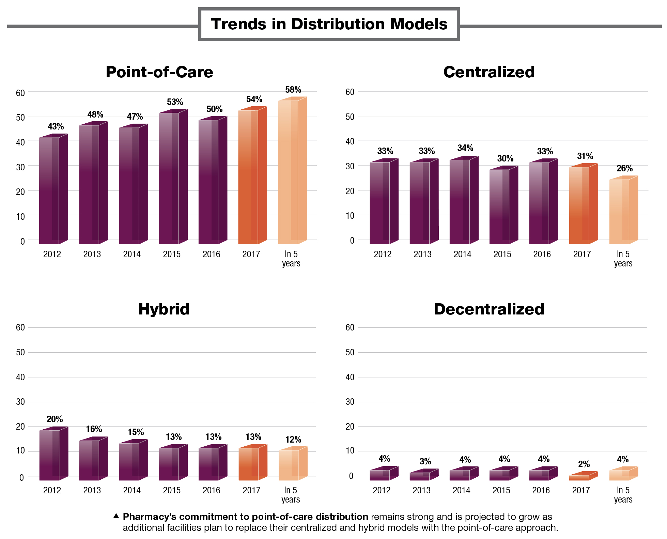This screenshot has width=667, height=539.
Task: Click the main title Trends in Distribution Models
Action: pyautogui.click(x=329, y=24)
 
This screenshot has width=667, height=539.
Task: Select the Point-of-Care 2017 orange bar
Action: pyautogui.click(x=252, y=177)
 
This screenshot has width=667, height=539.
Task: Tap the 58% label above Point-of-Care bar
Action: pyautogui.click(x=293, y=90)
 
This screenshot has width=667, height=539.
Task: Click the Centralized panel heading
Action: pyautogui.click(x=488, y=72)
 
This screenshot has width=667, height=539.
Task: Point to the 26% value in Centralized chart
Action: pyautogui.click(x=624, y=168)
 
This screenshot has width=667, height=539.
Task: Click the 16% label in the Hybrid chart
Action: pyautogui.click(x=94, y=429)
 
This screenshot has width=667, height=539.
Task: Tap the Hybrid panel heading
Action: pyautogui.click(x=164, y=309)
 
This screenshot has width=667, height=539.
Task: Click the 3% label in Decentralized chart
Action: pyautogui.click(x=425, y=461)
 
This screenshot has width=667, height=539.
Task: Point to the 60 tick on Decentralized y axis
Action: pyautogui.click(x=350, y=327)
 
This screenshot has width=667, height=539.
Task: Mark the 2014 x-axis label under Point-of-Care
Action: pyautogui.click(x=132, y=254)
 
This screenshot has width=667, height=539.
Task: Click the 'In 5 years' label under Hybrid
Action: pyautogui.click(x=291, y=495)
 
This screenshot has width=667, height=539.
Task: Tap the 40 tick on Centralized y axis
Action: pyautogui.click(x=350, y=141)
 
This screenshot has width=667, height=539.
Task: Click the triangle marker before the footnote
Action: pyautogui.click(x=116, y=516)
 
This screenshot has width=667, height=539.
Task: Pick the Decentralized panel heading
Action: pyautogui.click(x=488, y=309)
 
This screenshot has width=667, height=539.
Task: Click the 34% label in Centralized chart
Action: pyautogui.click(x=465, y=148)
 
